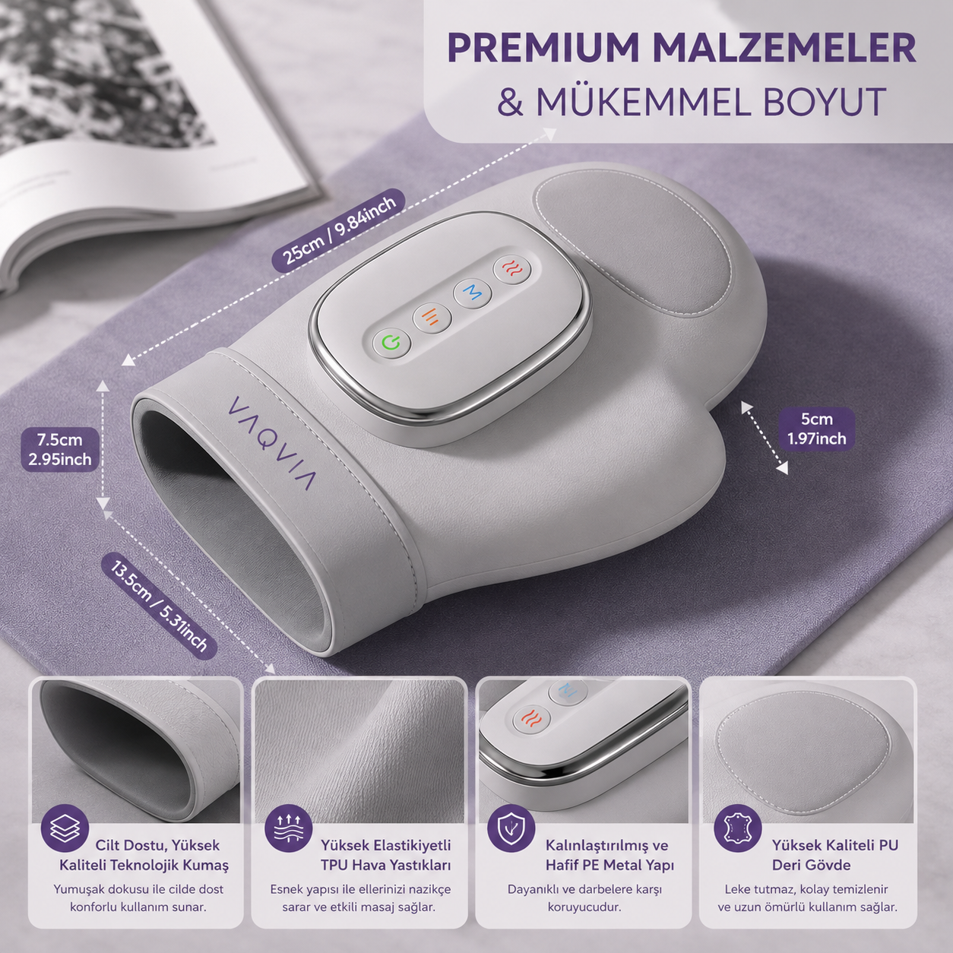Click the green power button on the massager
point(391,341)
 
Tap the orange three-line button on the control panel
point(432,316)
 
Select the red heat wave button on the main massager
point(511,268)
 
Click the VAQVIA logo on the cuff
point(271,442)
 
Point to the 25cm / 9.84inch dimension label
point(339,231)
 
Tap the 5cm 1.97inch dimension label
point(816,429)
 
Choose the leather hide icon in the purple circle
point(738,828)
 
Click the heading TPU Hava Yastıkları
point(386,866)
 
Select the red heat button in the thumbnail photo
point(533,718)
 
